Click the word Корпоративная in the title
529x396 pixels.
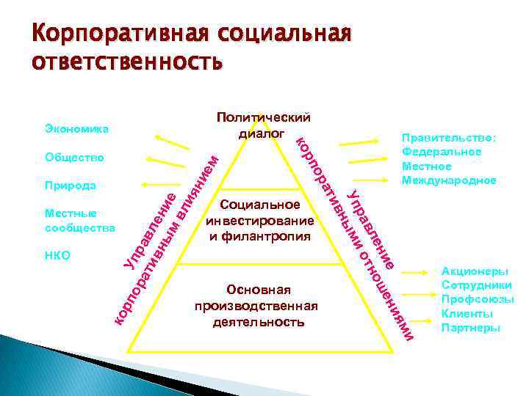(114, 34)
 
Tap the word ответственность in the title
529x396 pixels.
(125, 62)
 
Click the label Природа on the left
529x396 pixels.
(68, 186)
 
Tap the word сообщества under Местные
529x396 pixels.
(79, 227)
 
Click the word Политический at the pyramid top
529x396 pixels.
(263, 118)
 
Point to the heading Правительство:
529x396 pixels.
(448, 138)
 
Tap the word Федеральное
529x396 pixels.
(441, 152)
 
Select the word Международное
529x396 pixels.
(448, 180)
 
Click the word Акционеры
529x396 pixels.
(475, 271)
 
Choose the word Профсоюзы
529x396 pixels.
(477, 300)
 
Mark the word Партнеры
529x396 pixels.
(470, 328)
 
